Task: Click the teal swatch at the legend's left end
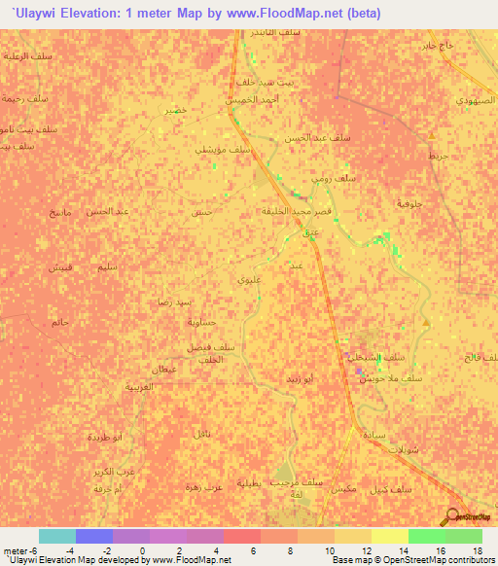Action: pyautogui.click(x=57, y=536)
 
